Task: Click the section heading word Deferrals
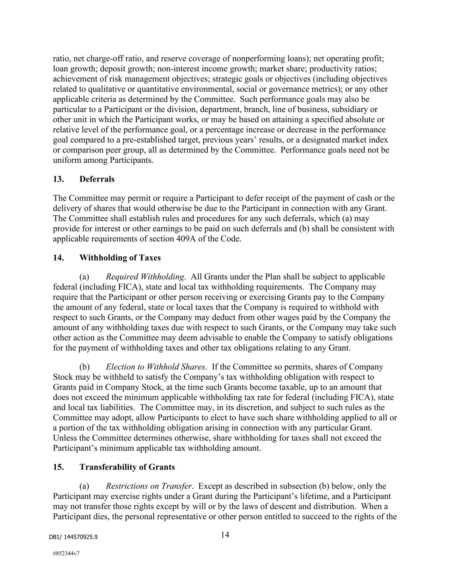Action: tap(97, 179)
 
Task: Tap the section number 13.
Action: tap(58, 179)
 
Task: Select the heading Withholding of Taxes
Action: tap(120, 258)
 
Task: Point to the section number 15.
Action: tap(58, 467)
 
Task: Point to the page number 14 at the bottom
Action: tap(225, 535)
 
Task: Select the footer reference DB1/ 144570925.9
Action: tap(73, 537)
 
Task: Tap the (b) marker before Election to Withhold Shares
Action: tap(84, 367)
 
